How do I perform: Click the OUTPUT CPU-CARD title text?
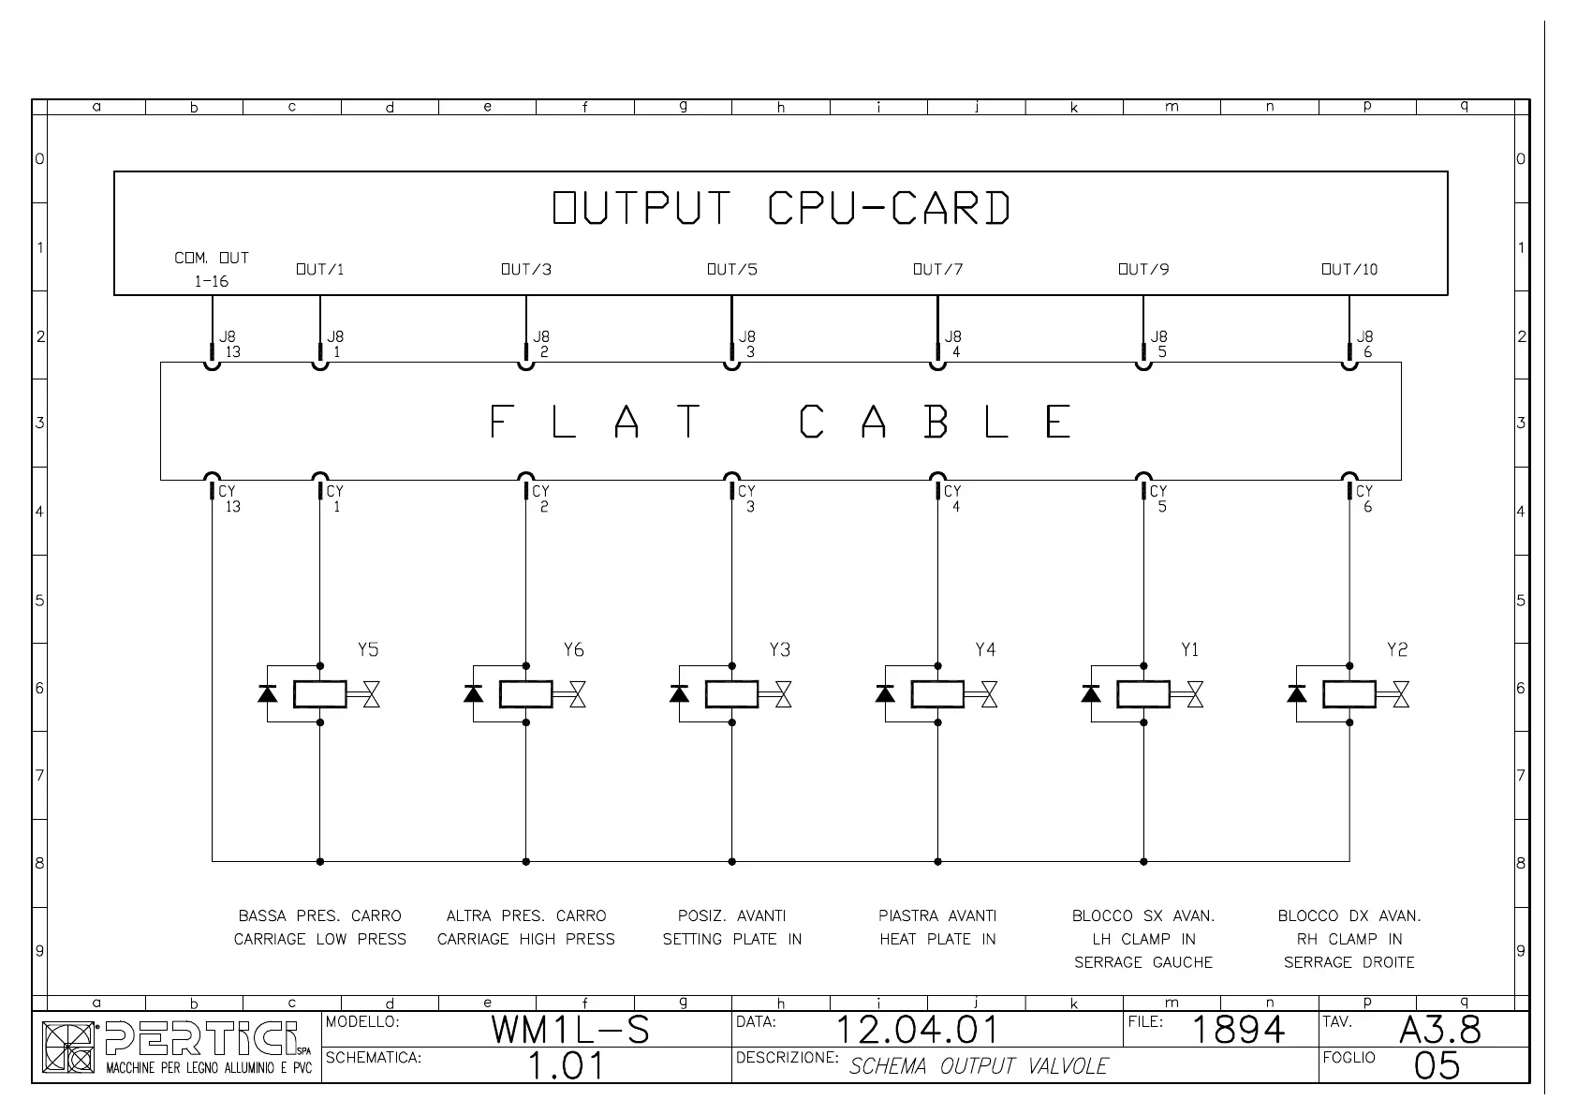tap(781, 208)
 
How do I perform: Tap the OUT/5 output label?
tap(731, 270)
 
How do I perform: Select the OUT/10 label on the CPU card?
tap(1349, 270)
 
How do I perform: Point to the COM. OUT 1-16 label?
tap(212, 269)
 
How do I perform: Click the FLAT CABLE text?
tap(781, 422)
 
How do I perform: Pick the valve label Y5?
tap(368, 649)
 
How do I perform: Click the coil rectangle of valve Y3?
tap(731, 694)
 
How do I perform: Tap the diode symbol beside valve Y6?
tap(474, 694)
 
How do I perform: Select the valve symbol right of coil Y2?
tap(1401, 694)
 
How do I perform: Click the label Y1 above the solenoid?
tap(1189, 649)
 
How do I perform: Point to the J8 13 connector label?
tap(229, 344)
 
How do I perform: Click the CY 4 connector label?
tap(953, 498)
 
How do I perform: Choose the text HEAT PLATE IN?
tap(937, 939)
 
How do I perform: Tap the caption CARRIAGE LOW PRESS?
tap(320, 939)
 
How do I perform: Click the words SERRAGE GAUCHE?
tap(1142, 962)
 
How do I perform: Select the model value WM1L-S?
tap(569, 1031)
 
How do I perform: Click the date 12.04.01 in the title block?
tap(916, 1031)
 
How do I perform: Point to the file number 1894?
tap(1238, 1031)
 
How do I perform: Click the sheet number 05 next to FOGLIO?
tap(1437, 1066)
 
